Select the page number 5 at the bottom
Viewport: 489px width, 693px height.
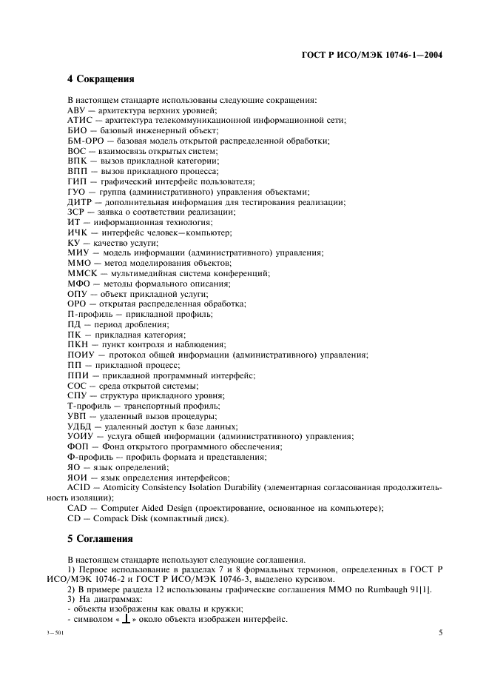pos(440,633)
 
